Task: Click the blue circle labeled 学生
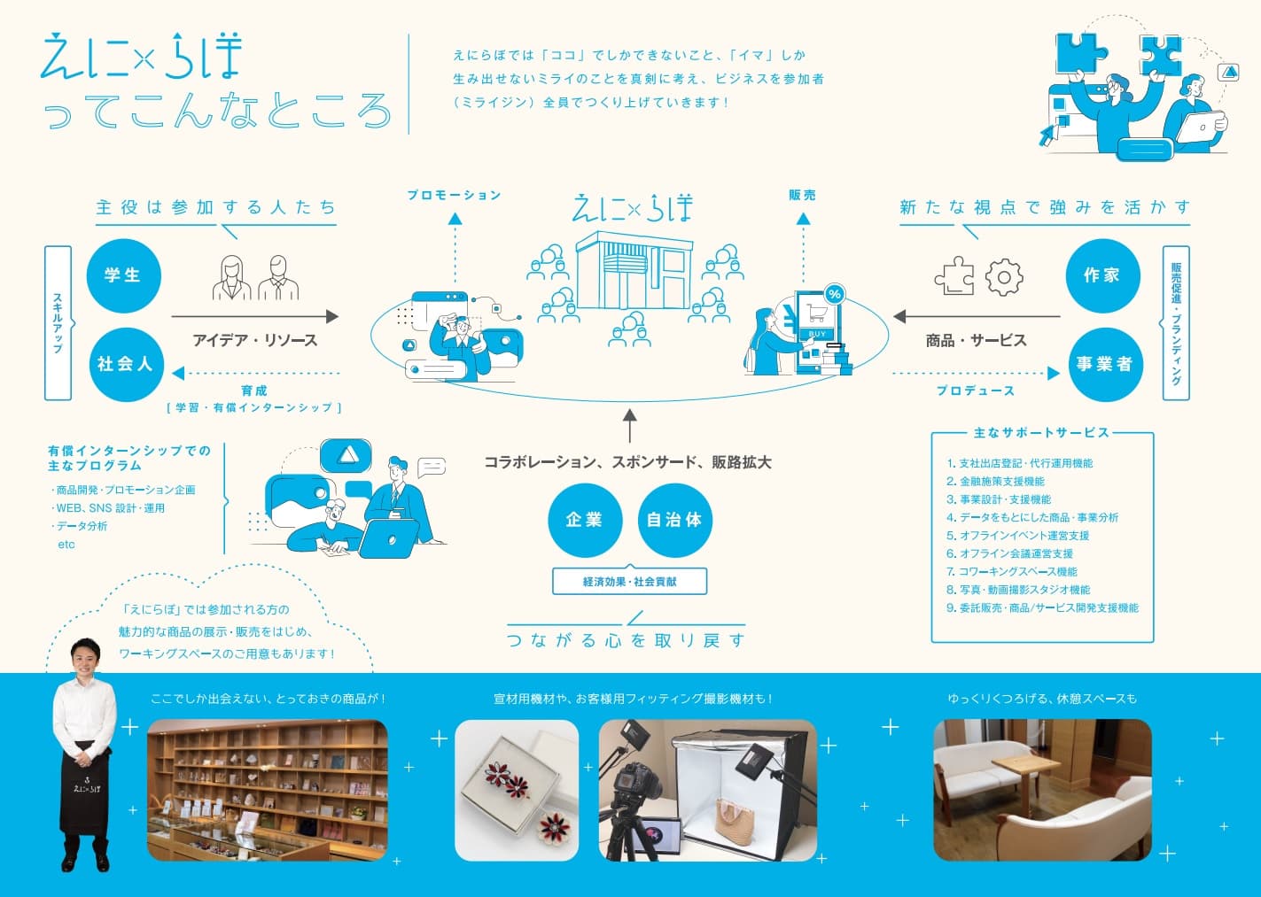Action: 123,275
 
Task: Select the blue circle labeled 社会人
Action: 125,364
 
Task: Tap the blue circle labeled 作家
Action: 1101,275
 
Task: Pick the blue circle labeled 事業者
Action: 1103,364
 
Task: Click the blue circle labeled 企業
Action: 585,520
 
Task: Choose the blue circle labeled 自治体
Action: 674,520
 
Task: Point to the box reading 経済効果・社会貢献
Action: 629,582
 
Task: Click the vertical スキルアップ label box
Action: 58,323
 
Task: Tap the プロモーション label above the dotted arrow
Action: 454,195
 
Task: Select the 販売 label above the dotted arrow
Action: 803,195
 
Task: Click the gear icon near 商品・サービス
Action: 1004,277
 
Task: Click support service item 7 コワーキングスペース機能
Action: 1012,572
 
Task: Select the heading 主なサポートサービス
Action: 1041,433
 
